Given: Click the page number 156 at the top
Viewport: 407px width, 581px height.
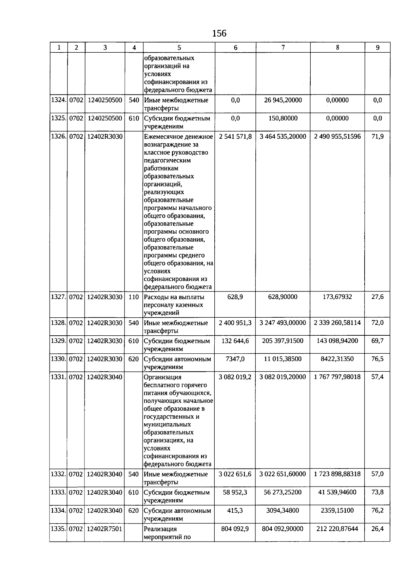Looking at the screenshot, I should click(x=219, y=33).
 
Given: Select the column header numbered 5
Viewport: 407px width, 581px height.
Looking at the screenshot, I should click(x=179, y=48).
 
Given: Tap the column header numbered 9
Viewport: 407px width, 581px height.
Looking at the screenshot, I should click(x=377, y=48).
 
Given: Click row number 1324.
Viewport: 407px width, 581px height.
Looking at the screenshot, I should click(x=58, y=100).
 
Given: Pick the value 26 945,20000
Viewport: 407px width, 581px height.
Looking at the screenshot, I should click(x=283, y=100).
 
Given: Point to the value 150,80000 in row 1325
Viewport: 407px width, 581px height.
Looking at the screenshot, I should click(x=283, y=119).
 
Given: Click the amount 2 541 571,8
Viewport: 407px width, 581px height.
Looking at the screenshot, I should click(x=235, y=137).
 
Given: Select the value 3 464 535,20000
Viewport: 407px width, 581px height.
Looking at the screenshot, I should click(x=283, y=137).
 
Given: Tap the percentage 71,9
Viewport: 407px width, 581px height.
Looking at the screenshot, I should click(x=377, y=137).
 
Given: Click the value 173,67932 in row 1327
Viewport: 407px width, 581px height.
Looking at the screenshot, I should click(x=337, y=297).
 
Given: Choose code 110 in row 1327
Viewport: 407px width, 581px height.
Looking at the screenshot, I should click(x=134, y=297).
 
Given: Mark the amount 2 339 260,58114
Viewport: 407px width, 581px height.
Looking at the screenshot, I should click(x=337, y=323).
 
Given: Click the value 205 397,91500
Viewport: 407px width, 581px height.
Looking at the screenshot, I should click(x=283, y=341).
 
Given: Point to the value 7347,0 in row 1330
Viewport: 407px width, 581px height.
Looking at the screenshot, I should click(x=235, y=359).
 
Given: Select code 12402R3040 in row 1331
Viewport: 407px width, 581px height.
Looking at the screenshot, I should click(x=104, y=377).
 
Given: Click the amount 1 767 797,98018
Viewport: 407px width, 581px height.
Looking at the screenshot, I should click(x=337, y=377).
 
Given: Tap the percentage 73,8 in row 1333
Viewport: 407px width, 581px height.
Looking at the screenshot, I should click(x=377, y=492).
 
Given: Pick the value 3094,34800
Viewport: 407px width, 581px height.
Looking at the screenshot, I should click(x=283, y=511).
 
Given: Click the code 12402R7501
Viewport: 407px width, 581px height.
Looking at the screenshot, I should click(x=104, y=529).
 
